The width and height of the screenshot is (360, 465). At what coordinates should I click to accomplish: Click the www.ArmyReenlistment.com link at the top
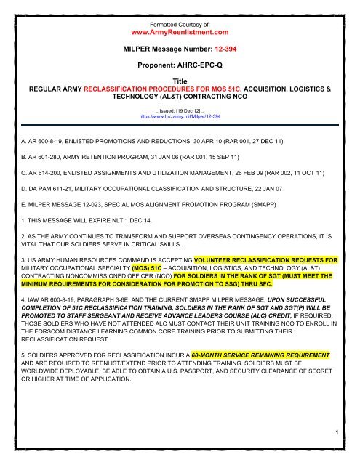tap(179, 32)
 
